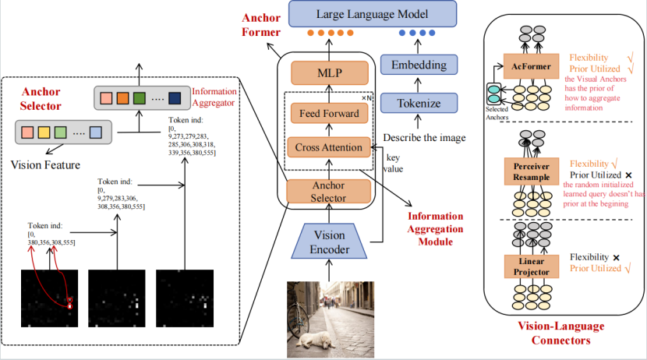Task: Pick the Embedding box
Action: (418, 64)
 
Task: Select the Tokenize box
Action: (418, 103)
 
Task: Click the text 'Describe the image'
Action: (422, 139)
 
